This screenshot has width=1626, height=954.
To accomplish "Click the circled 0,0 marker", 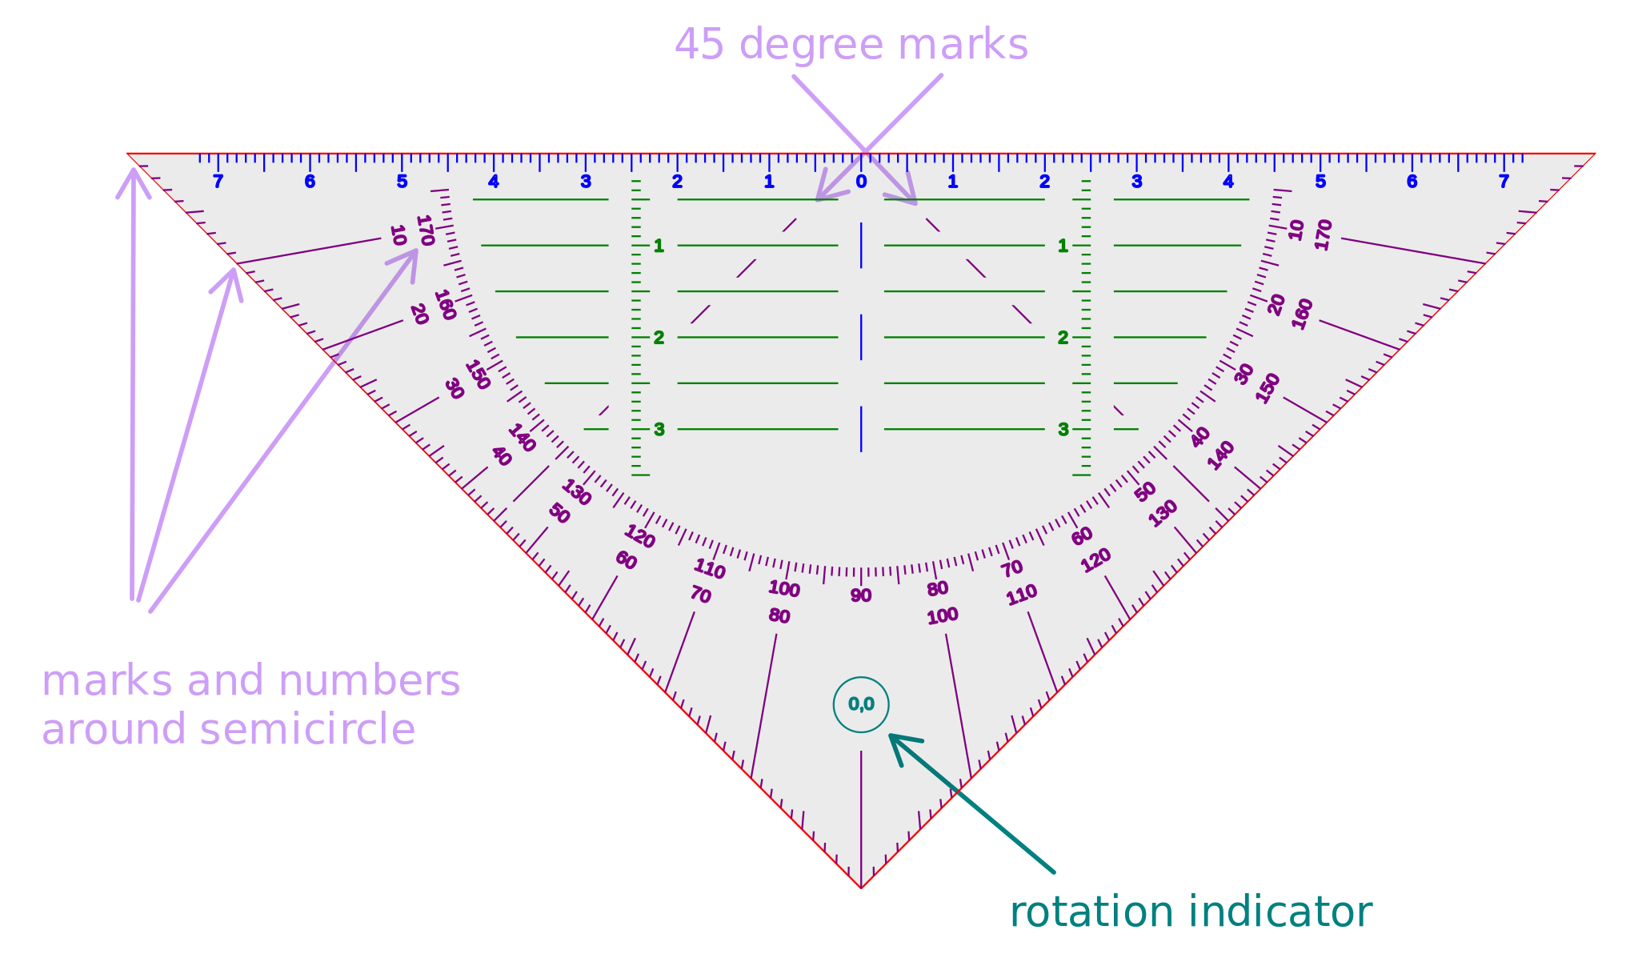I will pos(861,704).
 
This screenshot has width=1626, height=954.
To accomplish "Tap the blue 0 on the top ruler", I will pos(861,182).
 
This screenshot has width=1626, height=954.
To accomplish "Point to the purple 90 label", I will pos(861,595).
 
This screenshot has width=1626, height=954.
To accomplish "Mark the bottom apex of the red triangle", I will pos(861,888).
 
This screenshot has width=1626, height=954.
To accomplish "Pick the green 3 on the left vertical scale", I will pos(659,430).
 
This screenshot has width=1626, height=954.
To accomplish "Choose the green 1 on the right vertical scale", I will pos(1063,246).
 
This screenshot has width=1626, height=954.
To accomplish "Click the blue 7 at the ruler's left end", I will pos(218,182).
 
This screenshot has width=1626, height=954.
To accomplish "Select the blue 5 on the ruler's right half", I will pos(1320,182).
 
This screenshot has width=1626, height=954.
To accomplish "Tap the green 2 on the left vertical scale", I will pos(659,338).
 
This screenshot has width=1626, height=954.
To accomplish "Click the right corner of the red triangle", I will pos(1594,154).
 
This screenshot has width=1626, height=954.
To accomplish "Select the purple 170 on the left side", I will pos(425,230).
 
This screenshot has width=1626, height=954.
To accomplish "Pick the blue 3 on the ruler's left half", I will pos(586,182).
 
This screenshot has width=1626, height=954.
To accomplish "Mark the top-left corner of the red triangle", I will pos(128,154).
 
